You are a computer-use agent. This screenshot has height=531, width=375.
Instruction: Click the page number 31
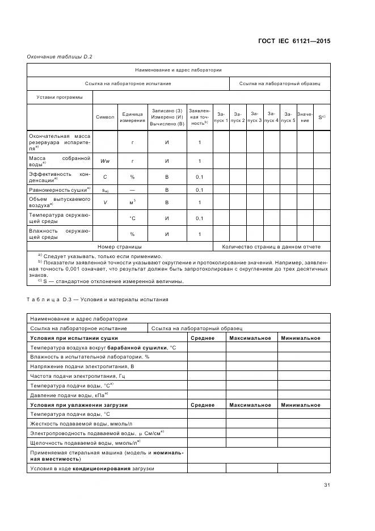[327, 484]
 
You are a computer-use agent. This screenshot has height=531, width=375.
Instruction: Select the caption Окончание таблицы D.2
[59, 57]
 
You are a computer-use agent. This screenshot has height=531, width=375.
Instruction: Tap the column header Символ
[105, 117]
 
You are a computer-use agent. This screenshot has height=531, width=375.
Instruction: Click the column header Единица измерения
[132, 117]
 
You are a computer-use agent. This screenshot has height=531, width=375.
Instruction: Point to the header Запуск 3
[255, 117]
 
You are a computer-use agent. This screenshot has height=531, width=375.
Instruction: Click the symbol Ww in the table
[105, 161]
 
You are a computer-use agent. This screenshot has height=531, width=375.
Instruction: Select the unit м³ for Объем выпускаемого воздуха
[132, 203]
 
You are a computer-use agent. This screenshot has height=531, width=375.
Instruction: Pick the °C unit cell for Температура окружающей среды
[132, 218]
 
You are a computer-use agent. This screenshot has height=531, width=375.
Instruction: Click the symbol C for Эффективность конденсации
[105, 177]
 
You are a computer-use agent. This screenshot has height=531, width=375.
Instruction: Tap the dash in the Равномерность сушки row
[132, 191]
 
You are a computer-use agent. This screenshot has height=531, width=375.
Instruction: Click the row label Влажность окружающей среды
[60, 234]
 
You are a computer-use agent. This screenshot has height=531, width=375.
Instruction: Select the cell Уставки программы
[60, 97]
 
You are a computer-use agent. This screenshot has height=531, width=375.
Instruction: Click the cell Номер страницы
[120, 247]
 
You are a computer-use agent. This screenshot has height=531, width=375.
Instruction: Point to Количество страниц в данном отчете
[271, 247]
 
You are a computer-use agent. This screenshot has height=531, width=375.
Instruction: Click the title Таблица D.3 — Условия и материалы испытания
[97, 299]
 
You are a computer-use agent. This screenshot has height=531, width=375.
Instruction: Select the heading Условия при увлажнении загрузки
[79, 405]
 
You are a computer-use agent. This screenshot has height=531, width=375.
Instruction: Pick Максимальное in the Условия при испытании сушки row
[250, 338]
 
